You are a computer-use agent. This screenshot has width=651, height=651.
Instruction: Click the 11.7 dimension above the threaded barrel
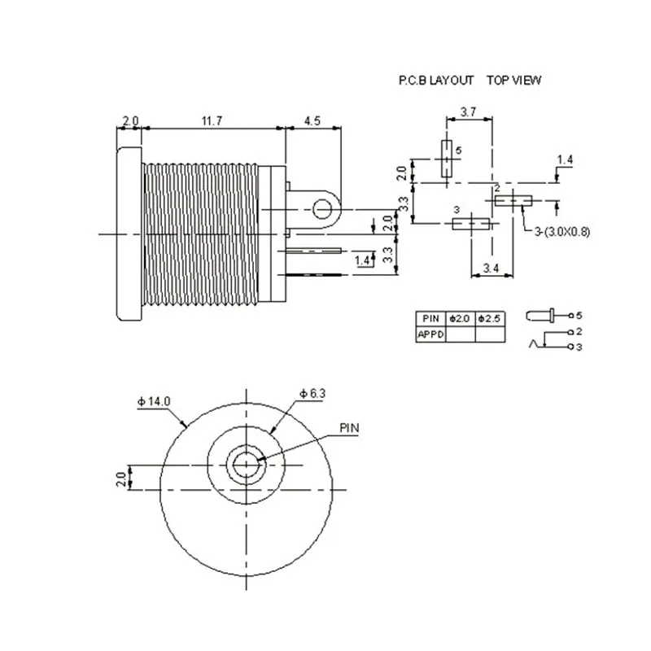[x=212, y=120]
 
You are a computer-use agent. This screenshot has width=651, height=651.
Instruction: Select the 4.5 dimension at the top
[x=312, y=120]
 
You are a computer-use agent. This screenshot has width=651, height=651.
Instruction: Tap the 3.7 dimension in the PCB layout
[x=469, y=111]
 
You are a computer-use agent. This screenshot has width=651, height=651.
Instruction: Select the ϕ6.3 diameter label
[x=312, y=393]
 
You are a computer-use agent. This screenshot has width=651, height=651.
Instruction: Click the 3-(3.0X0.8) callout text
[x=562, y=231]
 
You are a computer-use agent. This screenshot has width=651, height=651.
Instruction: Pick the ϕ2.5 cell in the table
[x=489, y=317]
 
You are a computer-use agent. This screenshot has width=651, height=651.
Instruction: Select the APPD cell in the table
[x=430, y=333]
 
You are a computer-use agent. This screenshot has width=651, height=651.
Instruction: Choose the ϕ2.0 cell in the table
[x=461, y=317]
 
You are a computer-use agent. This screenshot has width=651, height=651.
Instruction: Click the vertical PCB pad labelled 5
[x=446, y=158]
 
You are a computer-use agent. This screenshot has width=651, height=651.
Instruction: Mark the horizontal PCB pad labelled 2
[x=513, y=200]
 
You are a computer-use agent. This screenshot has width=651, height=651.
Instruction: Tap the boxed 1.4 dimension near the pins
[x=364, y=260]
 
